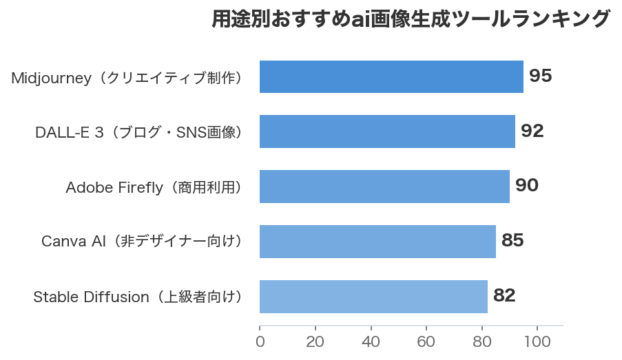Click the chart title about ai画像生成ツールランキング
pos(411,19)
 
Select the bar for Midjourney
pos(391,76)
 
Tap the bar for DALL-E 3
pos(387,131)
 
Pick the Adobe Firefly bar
pos(384,187)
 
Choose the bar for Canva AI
pos(377,242)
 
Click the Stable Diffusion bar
pos(373,297)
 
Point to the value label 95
pos(541,76)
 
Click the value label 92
pos(532,131)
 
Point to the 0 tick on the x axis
pos(260,342)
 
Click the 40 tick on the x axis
pos(371,342)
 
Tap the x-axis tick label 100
pos(537,342)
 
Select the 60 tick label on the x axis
pos(426,342)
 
